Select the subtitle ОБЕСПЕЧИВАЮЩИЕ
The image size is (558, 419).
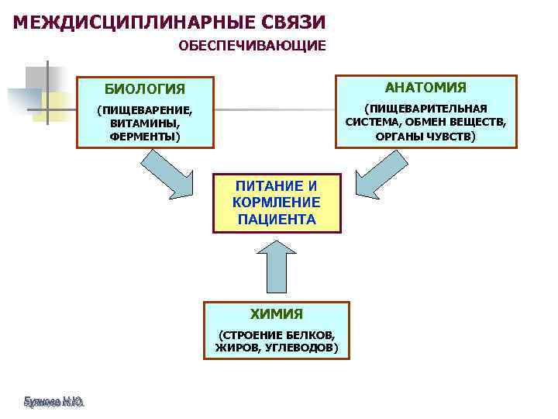pyautogui.click(x=253, y=46)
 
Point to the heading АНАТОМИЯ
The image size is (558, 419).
pyautogui.click(x=425, y=86)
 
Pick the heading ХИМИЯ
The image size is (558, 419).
pyautogui.click(x=277, y=314)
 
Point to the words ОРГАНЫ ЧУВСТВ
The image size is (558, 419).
pyautogui.click(x=425, y=136)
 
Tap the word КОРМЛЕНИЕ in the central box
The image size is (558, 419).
pyautogui.click(x=277, y=202)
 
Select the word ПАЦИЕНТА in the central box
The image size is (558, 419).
pyautogui.click(x=277, y=219)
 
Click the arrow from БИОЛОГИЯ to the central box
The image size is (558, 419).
pyautogui.click(x=171, y=174)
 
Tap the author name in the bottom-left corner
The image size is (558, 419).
pyautogui.click(x=53, y=402)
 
